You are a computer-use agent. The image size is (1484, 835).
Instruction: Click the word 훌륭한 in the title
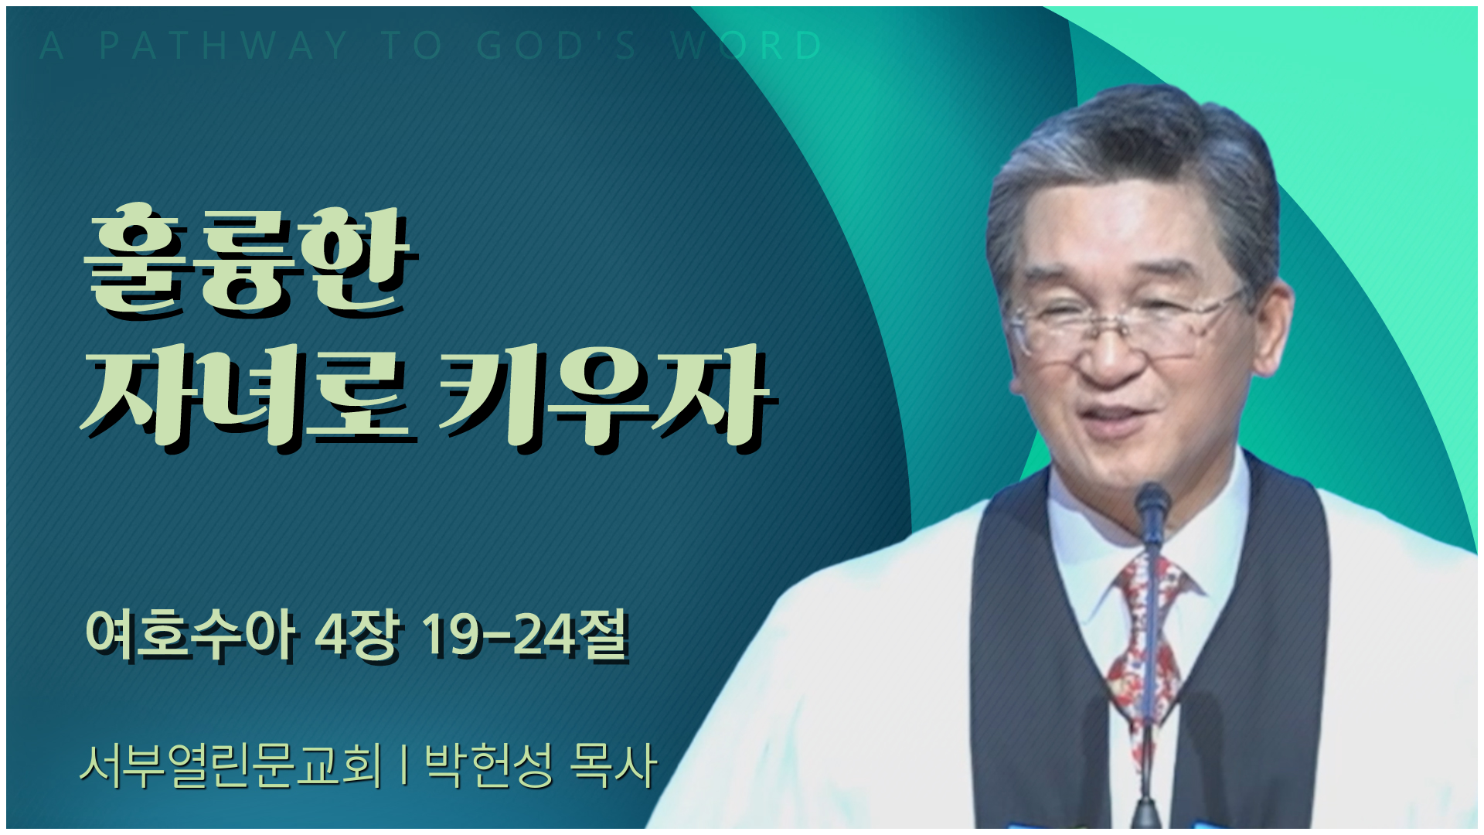(x=250, y=260)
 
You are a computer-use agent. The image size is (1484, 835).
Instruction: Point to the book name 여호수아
(x=190, y=636)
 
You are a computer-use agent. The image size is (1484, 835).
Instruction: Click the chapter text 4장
(x=358, y=636)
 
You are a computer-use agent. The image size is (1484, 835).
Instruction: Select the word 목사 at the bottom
(x=613, y=765)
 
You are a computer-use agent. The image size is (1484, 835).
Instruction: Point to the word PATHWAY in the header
(x=223, y=46)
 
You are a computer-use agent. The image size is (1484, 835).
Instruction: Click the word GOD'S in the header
(x=556, y=46)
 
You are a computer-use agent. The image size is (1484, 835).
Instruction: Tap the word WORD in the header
(x=747, y=46)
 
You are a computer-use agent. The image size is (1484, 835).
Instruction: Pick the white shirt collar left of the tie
(x=1090, y=541)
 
